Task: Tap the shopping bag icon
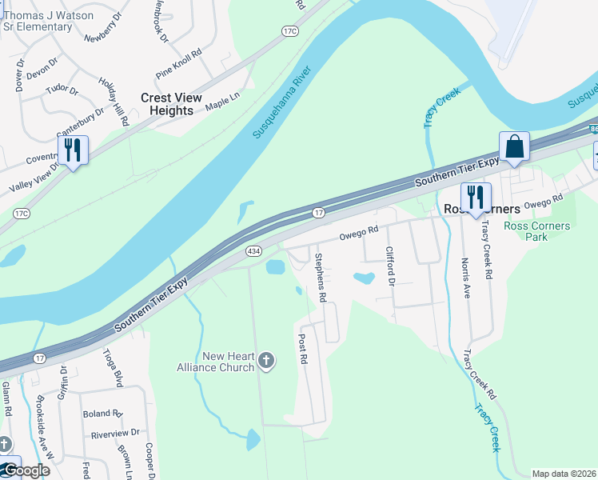tap(514, 147)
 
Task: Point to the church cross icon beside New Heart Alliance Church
tap(267, 362)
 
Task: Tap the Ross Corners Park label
tap(537, 231)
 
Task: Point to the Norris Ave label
tap(465, 277)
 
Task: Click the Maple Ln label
tap(223, 100)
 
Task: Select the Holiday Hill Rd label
tap(114, 102)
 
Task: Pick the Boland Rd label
tap(102, 414)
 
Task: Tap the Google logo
tap(26, 470)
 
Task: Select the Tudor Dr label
tap(62, 89)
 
